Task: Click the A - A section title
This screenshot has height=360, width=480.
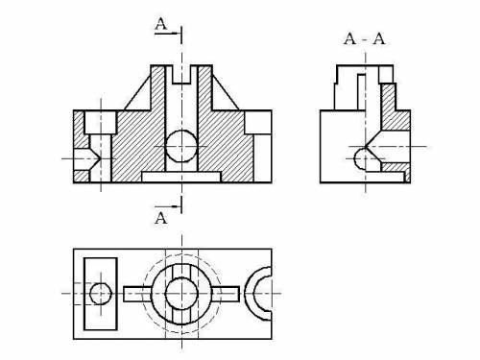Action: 365,39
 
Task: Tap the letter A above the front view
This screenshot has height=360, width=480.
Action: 161,24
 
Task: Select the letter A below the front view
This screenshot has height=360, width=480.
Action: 160,218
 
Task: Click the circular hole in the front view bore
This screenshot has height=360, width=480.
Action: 181,146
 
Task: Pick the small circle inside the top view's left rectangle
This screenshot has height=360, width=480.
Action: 101,294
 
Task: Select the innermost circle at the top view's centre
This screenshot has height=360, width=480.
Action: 181,294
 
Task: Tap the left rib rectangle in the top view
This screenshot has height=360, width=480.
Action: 137,294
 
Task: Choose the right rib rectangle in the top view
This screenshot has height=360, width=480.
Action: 226,294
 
